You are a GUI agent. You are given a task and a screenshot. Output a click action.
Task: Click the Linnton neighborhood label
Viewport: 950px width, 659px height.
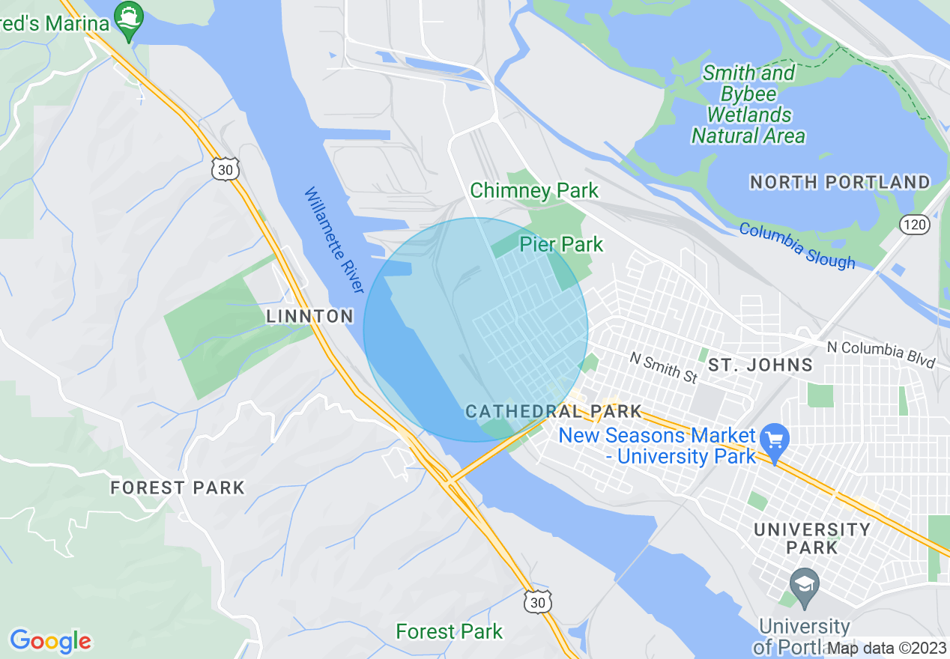click(310, 316)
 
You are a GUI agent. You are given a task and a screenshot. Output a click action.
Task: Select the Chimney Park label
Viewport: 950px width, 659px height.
click(534, 190)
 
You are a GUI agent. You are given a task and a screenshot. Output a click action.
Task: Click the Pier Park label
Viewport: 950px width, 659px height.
click(561, 244)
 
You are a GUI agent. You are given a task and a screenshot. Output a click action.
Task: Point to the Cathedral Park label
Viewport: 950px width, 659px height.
click(554, 411)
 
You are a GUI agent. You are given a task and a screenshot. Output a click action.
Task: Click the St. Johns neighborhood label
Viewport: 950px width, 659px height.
click(760, 365)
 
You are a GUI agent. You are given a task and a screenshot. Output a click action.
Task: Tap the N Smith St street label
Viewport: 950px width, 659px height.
click(663, 368)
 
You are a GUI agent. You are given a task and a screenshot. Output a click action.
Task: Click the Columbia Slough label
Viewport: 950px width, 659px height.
click(797, 245)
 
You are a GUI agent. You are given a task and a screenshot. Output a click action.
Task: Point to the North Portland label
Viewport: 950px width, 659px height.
click(840, 182)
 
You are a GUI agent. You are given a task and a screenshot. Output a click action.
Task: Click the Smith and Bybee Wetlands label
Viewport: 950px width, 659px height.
click(748, 104)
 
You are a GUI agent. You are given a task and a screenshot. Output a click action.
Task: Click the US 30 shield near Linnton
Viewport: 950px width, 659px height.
click(226, 170)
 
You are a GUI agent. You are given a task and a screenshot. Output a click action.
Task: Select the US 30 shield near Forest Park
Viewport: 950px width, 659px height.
click(537, 601)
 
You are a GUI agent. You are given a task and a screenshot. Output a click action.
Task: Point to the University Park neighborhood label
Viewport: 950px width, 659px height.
click(812, 538)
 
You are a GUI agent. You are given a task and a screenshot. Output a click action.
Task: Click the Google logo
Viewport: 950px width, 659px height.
click(50, 641)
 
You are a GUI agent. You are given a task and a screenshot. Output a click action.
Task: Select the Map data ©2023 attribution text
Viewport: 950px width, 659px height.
click(886, 648)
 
